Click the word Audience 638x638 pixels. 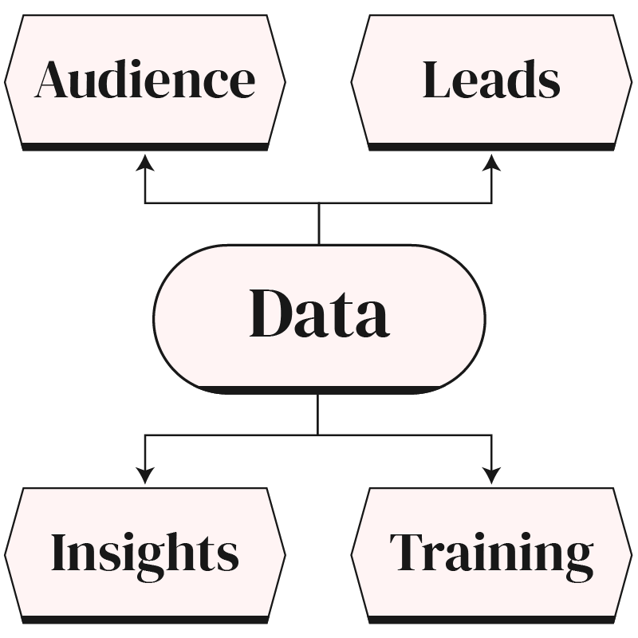point(144,80)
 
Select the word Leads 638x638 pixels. point(490,80)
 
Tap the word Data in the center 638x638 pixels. point(319,314)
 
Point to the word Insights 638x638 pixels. point(144,552)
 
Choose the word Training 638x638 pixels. point(491,552)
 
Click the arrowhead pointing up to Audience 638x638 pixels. point(144,163)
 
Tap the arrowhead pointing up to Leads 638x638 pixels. point(491,163)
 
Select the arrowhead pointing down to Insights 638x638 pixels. point(144,475)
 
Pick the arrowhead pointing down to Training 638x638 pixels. point(491,475)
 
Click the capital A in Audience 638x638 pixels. point(53,80)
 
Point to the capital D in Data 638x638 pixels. point(273,313)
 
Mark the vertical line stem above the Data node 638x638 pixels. point(319,223)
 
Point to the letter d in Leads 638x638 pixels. point(523,80)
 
